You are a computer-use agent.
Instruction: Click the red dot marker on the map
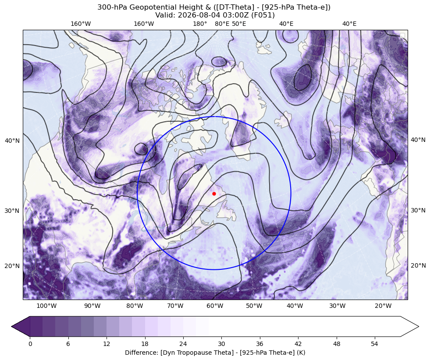(x=214, y=194)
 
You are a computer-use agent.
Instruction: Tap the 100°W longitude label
(x=46, y=306)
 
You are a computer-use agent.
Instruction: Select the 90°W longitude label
(x=92, y=306)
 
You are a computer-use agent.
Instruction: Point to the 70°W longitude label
(x=175, y=306)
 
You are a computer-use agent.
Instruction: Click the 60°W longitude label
(x=215, y=306)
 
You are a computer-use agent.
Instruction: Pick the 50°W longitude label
(x=254, y=306)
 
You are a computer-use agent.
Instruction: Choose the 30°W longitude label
(x=338, y=306)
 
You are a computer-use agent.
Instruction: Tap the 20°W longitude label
(x=383, y=306)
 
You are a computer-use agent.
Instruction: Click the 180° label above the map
(x=200, y=24)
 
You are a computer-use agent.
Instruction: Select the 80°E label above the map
(x=222, y=24)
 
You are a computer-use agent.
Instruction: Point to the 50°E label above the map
(x=239, y=24)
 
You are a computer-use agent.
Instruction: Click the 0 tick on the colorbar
(x=30, y=344)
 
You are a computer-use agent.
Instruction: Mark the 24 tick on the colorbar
(x=183, y=344)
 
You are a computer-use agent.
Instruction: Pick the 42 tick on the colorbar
(x=298, y=344)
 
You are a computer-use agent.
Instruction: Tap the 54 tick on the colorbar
(x=375, y=344)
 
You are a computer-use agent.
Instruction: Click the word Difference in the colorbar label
(x=138, y=352)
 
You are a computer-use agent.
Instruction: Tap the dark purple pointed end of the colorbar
(x=21, y=326)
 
